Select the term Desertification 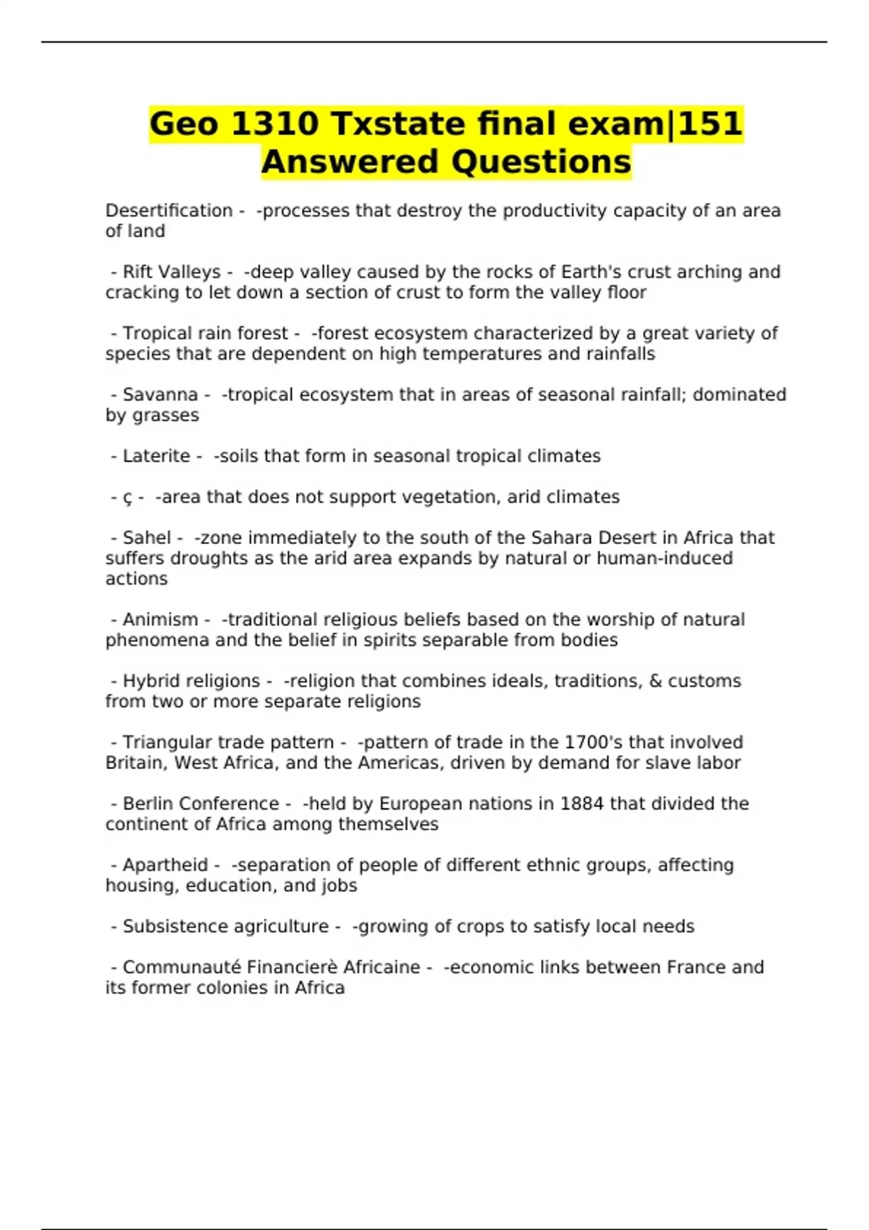[169, 211]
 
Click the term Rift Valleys [172, 272]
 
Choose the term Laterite [156, 457]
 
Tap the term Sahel [147, 538]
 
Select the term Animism [160, 620]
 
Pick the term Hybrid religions [191, 682]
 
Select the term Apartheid [165, 865]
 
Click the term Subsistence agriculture [225, 927]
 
